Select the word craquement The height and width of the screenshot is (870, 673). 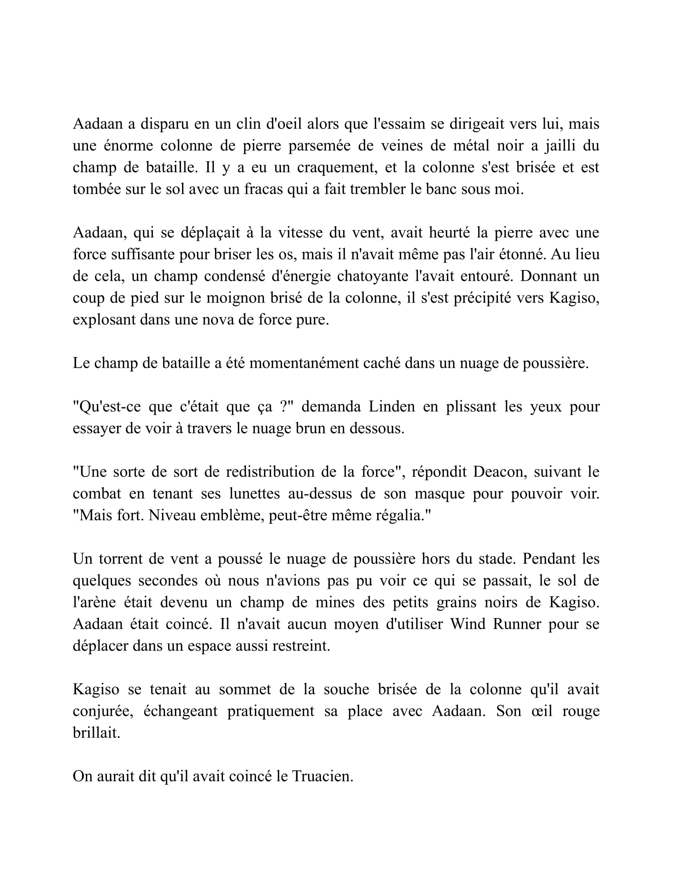point(337,167)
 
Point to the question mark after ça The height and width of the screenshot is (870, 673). point(283,407)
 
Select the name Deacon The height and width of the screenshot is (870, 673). point(499,472)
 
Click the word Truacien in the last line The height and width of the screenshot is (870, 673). point(322,777)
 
